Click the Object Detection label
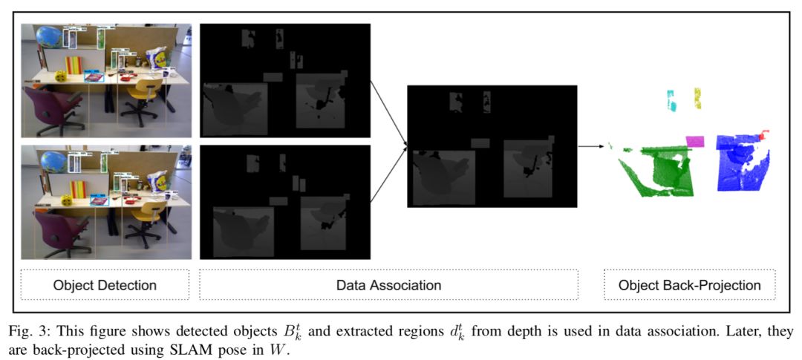click(105, 285)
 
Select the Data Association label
click(388, 285)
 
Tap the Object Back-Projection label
click(689, 285)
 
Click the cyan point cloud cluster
click(671, 99)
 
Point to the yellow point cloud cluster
click(698, 97)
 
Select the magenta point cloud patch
click(695, 141)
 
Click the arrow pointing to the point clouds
click(590, 146)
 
